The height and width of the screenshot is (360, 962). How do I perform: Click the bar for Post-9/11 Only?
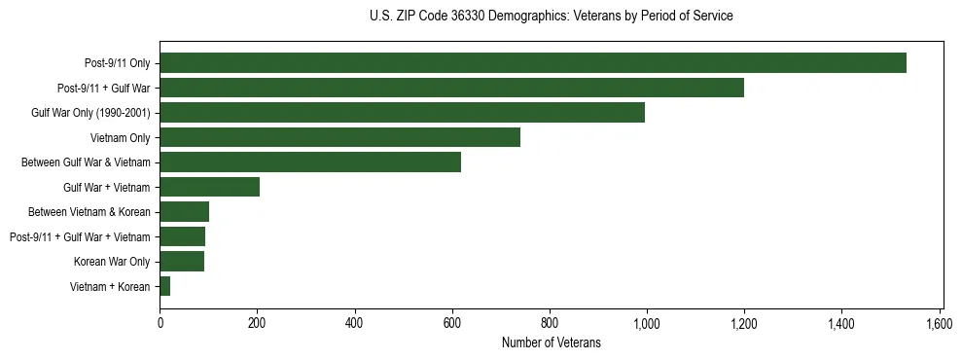(533, 63)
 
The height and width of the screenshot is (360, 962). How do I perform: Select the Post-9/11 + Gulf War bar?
(451, 88)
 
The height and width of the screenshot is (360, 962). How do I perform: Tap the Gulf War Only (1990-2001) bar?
(402, 113)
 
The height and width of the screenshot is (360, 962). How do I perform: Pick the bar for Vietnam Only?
(339, 137)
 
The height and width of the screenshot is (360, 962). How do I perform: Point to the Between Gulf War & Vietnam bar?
(310, 162)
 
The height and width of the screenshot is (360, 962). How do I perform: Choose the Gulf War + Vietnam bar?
(209, 187)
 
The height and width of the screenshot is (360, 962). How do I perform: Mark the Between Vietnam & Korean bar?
(184, 212)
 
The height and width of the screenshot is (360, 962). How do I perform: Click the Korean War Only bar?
(182, 262)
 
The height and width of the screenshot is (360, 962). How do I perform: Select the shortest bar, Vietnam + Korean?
(165, 286)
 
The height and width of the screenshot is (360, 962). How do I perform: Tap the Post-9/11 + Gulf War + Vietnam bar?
(182, 236)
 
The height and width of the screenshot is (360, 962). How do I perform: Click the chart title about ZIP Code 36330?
(552, 17)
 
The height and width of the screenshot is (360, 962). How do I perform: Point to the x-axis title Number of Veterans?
(552, 342)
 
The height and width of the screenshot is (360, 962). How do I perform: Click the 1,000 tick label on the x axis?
(647, 323)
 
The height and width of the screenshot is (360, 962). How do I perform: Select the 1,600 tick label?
(939, 323)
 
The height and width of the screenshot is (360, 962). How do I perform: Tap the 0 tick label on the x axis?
(160, 323)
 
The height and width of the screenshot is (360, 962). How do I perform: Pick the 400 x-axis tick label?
(354, 323)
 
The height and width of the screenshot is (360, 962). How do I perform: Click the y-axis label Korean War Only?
(112, 262)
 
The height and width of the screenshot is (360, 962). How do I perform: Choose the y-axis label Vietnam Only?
(120, 138)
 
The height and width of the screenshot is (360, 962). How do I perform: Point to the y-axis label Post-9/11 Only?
(118, 63)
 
